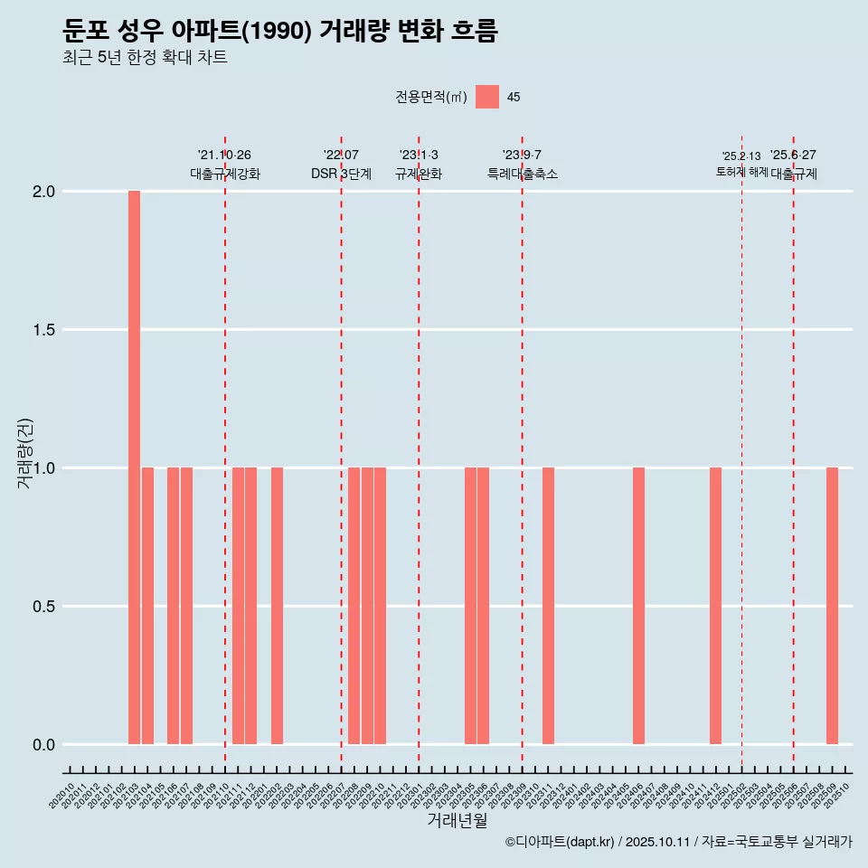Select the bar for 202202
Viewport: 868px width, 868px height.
[x=277, y=606]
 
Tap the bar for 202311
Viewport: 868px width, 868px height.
[x=548, y=606]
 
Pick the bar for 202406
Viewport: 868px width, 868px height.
[x=638, y=606]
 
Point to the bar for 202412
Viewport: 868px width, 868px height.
[x=715, y=606]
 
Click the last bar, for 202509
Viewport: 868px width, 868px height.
[x=832, y=606]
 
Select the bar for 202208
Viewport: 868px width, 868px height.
[x=354, y=606]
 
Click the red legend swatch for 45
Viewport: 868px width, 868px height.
[x=487, y=97]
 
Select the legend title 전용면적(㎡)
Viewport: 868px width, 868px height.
[x=431, y=97]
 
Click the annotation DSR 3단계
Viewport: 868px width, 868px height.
[x=341, y=174]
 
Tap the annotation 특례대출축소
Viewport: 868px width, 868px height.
[x=523, y=174]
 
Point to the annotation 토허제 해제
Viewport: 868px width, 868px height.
[x=741, y=171]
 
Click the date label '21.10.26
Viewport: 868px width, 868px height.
[x=224, y=155]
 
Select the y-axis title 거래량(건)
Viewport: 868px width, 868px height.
[x=25, y=453]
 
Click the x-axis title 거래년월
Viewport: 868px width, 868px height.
[x=457, y=821]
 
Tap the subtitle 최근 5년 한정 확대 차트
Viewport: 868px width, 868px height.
[x=145, y=58]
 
